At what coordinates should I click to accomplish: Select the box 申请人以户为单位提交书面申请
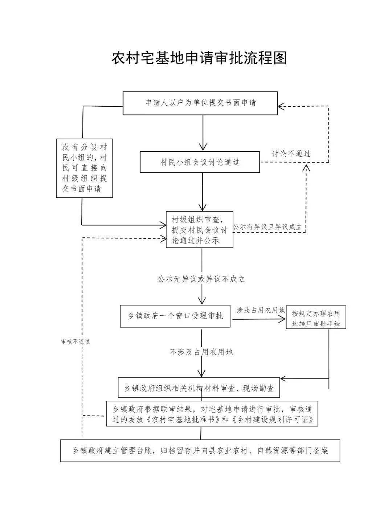[200, 103]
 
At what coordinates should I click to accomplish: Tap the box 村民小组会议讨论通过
[200, 162]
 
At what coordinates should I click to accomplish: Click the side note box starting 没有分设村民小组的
[84, 168]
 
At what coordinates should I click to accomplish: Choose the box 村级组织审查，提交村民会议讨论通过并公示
[200, 230]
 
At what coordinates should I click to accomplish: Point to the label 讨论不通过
[291, 153]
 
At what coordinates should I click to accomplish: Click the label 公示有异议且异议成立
[268, 227]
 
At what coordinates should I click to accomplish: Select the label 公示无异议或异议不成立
[201, 279]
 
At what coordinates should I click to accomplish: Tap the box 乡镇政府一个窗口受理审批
[175, 316]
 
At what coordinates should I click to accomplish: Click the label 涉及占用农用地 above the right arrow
[261, 310]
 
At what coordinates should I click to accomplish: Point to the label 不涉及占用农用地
[201, 352]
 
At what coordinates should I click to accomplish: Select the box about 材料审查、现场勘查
[199, 388]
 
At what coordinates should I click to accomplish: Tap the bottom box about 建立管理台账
[200, 451]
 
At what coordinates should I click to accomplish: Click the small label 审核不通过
[75, 341]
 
